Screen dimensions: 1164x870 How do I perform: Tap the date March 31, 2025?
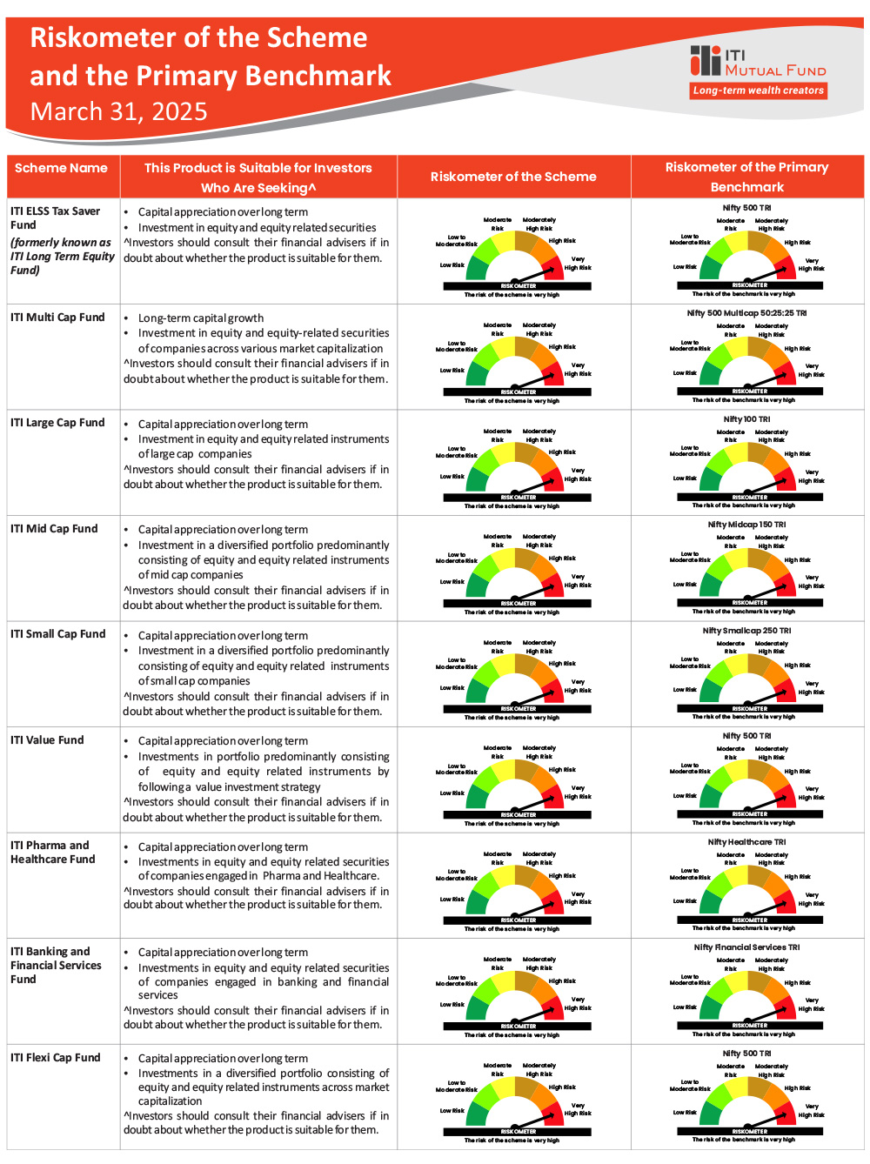click(118, 112)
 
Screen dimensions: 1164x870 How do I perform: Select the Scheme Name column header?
click(61, 168)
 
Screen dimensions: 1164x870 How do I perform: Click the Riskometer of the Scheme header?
click(513, 177)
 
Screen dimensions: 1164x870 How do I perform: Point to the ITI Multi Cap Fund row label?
click(57, 318)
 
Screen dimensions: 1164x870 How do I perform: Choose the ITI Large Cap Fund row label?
click(57, 423)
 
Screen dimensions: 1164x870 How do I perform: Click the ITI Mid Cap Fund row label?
click(54, 529)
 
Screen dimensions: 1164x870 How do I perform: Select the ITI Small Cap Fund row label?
click(57, 634)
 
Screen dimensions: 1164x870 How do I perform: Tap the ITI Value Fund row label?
click(47, 740)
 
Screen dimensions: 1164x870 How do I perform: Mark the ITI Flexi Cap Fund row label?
click(55, 1058)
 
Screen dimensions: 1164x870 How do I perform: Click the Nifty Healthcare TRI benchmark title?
click(746, 842)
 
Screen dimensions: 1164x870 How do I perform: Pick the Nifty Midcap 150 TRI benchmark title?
click(746, 525)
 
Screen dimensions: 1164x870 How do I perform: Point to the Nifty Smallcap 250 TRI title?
click(746, 631)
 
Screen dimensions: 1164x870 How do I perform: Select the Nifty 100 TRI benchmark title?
click(746, 419)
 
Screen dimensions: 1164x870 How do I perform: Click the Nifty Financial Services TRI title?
click(746, 947)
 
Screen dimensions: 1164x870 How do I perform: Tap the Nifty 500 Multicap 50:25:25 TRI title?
click(746, 313)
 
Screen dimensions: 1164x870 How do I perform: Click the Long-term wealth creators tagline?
click(758, 90)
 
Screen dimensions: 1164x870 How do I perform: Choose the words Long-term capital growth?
click(201, 318)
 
